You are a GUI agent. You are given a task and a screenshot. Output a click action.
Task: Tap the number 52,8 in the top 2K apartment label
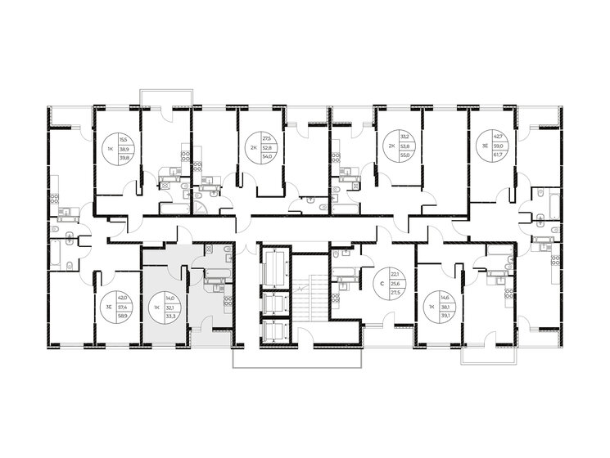point(266,148)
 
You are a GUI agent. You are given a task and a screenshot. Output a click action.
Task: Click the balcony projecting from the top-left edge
point(166,97)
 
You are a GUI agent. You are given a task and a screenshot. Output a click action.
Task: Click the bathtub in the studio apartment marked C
point(346,267)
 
